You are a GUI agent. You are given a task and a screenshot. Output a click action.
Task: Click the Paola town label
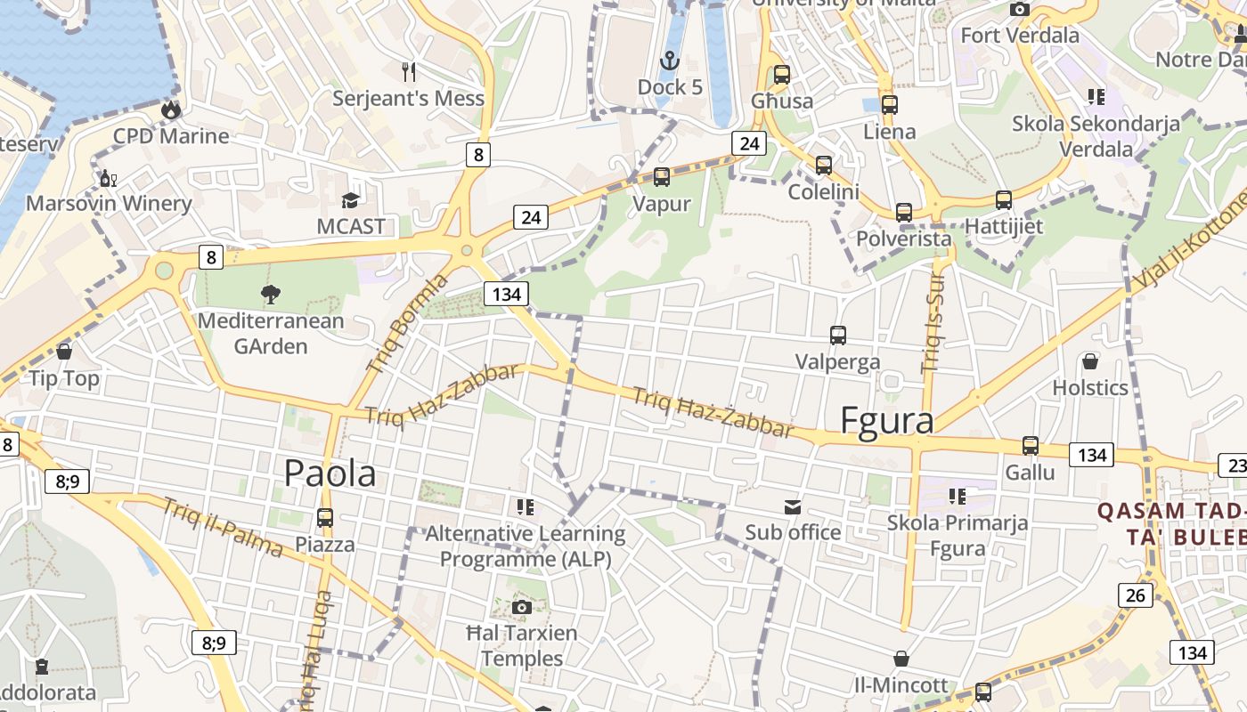pyautogui.click(x=330, y=473)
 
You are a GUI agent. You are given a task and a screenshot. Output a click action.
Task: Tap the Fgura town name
pyautogui.click(x=887, y=420)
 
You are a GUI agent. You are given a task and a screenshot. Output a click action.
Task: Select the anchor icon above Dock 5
pyautogui.click(x=669, y=61)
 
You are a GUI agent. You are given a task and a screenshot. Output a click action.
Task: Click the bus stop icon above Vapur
pyautogui.click(x=662, y=177)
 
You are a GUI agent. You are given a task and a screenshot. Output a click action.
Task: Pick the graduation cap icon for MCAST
pyautogui.click(x=351, y=200)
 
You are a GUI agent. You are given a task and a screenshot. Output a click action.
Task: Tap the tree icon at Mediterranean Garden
pyautogui.click(x=270, y=294)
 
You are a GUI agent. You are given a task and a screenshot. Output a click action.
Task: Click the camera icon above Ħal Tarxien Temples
pyautogui.click(x=522, y=607)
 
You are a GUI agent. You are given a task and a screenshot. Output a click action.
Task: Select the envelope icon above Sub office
pyautogui.click(x=793, y=507)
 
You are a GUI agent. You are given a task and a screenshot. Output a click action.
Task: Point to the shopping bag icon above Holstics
pyautogui.click(x=1089, y=361)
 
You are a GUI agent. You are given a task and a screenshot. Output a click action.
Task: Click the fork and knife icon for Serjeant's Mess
pyautogui.click(x=409, y=72)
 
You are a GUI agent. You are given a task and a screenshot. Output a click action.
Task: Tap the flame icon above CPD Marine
pyautogui.click(x=170, y=110)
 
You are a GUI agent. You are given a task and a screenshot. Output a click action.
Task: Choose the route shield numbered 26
pyautogui.click(x=1135, y=595)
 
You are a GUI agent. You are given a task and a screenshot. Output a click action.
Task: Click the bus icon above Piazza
pyautogui.click(x=325, y=518)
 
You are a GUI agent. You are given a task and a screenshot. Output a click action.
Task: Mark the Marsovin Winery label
pyautogui.click(x=109, y=203)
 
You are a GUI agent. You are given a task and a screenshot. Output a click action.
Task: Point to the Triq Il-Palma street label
pyautogui.click(x=223, y=527)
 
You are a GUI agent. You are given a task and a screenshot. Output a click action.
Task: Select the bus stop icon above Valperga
pyautogui.click(x=837, y=336)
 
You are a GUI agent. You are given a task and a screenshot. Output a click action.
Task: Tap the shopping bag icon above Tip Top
pyautogui.click(x=64, y=352)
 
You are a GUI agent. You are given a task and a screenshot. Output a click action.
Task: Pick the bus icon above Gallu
pyautogui.click(x=1031, y=446)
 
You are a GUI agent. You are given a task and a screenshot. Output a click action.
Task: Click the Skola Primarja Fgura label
pyautogui.click(x=958, y=535)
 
